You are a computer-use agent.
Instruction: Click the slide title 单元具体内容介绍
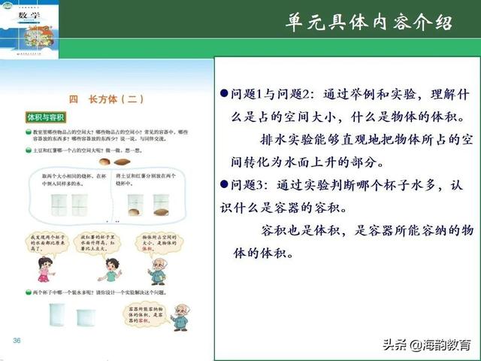tap(369, 22)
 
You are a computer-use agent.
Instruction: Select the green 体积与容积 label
tap(47, 118)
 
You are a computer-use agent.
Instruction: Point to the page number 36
tap(17, 342)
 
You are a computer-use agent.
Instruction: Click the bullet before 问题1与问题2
tap(223, 96)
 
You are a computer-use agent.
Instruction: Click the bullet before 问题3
tap(223, 184)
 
